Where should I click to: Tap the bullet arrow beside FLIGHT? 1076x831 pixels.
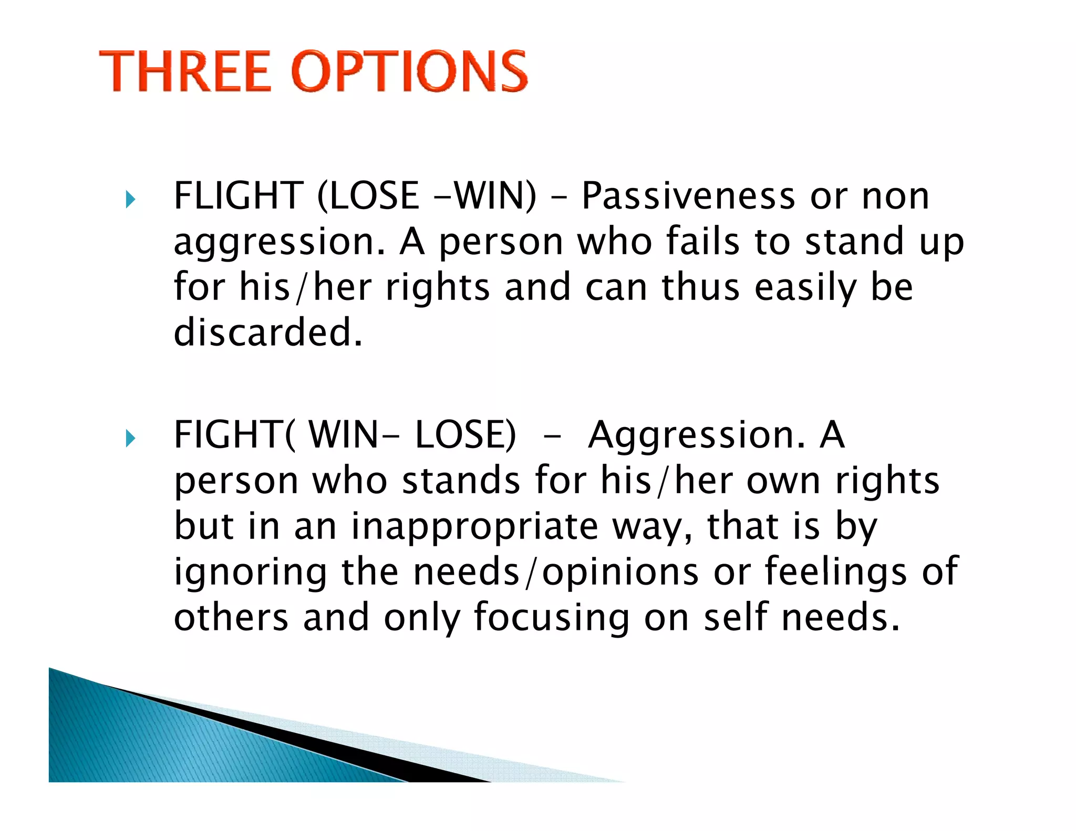click(x=131, y=200)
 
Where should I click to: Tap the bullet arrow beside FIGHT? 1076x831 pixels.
click(x=131, y=438)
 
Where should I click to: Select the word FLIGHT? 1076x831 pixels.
click(x=239, y=196)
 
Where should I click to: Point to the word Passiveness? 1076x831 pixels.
click(x=689, y=196)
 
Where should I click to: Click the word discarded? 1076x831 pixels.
click(x=268, y=333)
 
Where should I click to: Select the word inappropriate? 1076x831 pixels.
click(x=475, y=527)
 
